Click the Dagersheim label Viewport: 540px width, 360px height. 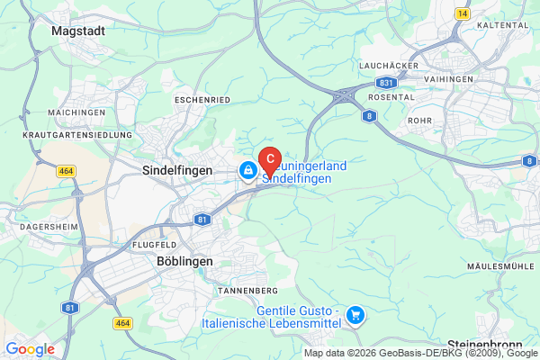[43, 228]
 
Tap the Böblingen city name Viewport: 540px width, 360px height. [178, 261]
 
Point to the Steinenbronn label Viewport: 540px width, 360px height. [491, 345]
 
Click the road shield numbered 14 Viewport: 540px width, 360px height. [463, 13]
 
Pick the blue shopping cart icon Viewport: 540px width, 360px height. [356, 314]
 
